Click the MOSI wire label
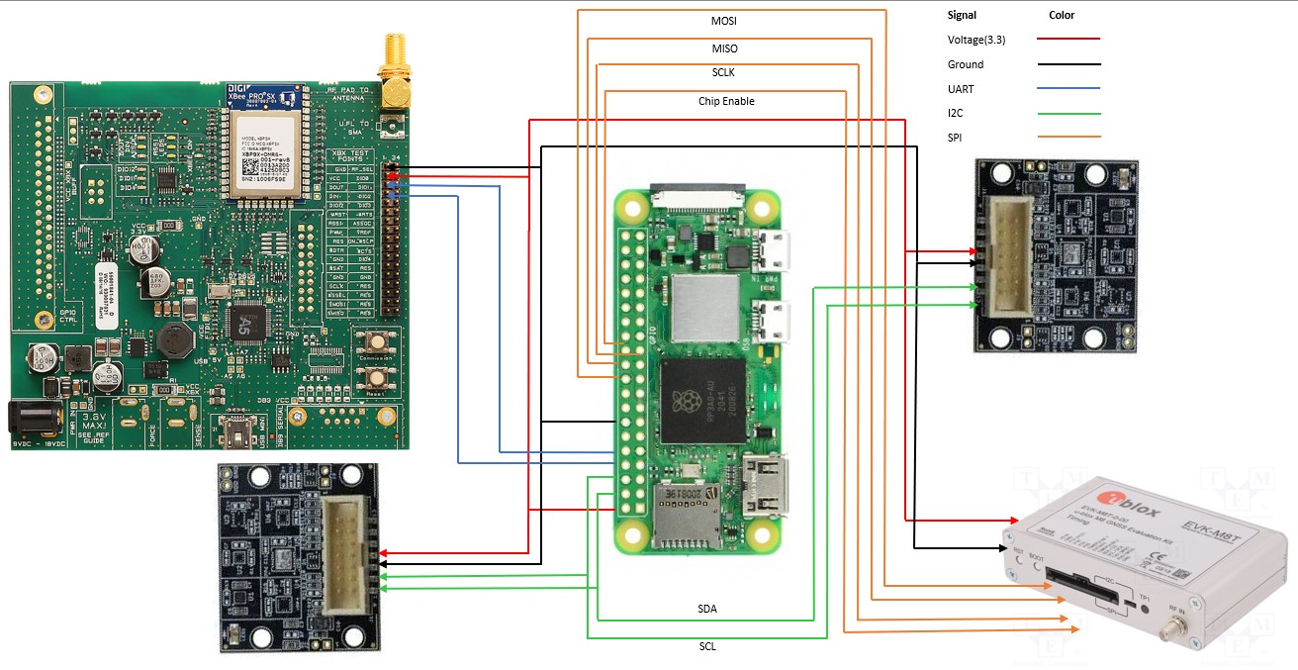[x=723, y=21]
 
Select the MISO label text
[x=724, y=48]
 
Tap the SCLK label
[x=723, y=73]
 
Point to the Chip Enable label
[x=726, y=101]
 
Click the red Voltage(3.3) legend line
[x=1068, y=39]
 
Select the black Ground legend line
[x=1068, y=64]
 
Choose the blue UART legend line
[x=1068, y=89]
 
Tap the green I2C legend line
[x=1068, y=113]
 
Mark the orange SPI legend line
[x=1068, y=137]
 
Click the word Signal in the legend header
[x=963, y=16]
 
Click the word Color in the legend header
[x=1062, y=16]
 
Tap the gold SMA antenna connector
[x=395, y=74]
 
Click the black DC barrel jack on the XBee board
[x=29, y=419]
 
